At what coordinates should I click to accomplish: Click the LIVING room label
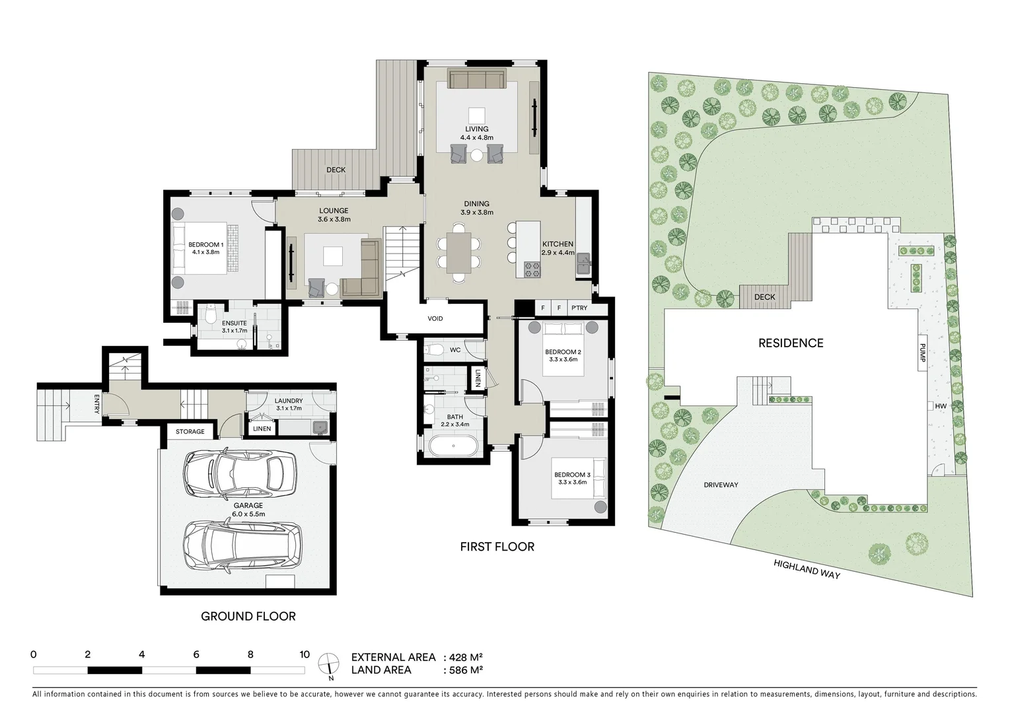pyautogui.click(x=476, y=129)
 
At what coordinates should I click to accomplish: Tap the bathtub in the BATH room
pyautogui.click(x=453, y=446)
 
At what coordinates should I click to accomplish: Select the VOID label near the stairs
pyautogui.click(x=435, y=319)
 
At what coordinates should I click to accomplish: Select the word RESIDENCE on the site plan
pyautogui.click(x=791, y=343)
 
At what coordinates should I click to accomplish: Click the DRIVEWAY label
pyautogui.click(x=721, y=485)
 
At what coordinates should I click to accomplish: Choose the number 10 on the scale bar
pyautogui.click(x=304, y=655)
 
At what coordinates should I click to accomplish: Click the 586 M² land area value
pyautogui.click(x=466, y=670)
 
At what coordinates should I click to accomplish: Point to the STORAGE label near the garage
pyautogui.click(x=190, y=432)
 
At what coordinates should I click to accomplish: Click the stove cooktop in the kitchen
pyautogui.click(x=532, y=269)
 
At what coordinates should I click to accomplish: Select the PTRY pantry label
pyautogui.click(x=579, y=308)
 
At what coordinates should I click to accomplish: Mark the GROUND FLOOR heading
pyautogui.click(x=248, y=617)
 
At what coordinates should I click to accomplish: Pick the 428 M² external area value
pyautogui.click(x=466, y=658)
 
